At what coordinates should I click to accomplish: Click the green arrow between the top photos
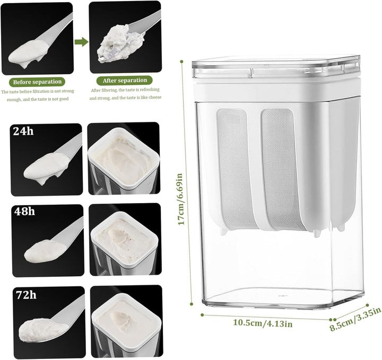pos(81,42)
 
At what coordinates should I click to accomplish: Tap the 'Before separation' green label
pos(37,82)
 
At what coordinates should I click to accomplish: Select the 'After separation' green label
pos(125,81)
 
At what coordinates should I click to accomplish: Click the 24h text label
pos(23,131)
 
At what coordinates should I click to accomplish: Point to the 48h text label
pos(24,212)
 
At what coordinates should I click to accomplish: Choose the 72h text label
pos(26,295)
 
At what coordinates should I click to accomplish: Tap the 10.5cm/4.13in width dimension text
pos(263,323)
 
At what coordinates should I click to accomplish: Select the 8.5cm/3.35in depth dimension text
pos(355,319)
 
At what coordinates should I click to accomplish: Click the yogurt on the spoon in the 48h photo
pos(45,251)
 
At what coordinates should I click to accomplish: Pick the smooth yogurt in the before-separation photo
pos(29,53)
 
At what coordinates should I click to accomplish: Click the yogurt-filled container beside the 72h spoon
pos(126,322)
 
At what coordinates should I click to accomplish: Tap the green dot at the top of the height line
pos(181,61)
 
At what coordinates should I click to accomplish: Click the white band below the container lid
pos(276,91)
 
